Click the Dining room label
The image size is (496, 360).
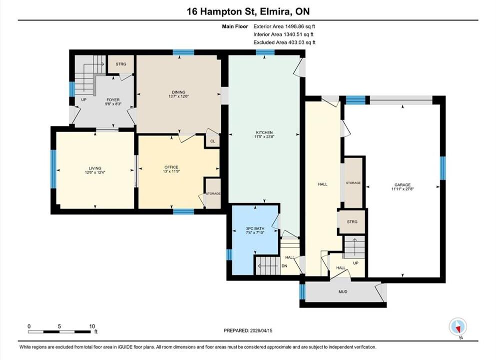(x=179, y=92)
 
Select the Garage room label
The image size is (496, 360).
(x=403, y=185)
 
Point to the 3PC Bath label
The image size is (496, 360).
(x=255, y=228)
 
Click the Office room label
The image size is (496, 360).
(x=171, y=167)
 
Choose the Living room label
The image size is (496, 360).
(x=95, y=168)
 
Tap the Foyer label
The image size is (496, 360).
(x=113, y=99)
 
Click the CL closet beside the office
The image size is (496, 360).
(x=213, y=141)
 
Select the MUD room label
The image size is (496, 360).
(x=343, y=291)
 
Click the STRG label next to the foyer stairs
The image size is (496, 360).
(x=121, y=64)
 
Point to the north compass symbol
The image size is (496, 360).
(x=458, y=326)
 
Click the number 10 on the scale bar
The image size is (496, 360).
(x=92, y=326)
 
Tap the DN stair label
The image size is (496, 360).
(x=284, y=266)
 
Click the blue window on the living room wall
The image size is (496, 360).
(x=53, y=169)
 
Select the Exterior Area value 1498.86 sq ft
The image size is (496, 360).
(x=300, y=26)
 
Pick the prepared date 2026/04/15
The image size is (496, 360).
(x=261, y=330)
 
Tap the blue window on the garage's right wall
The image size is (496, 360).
(x=443, y=168)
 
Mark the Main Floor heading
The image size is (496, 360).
(x=235, y=26)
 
